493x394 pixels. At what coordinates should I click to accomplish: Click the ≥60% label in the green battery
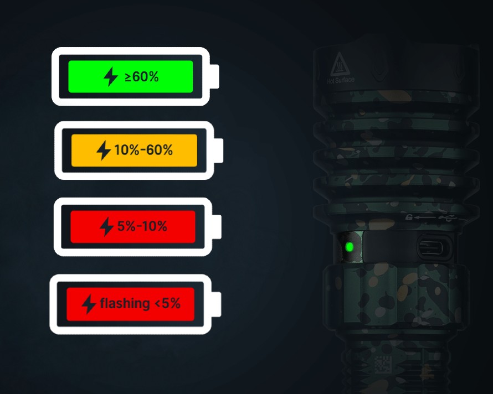click(x=141, y=77)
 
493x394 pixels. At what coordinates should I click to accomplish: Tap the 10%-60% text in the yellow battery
click(x=143, y=150)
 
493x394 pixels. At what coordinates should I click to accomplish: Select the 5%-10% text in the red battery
click(x=142, y=226)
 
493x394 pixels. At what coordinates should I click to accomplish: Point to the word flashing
click(x=125, y=304)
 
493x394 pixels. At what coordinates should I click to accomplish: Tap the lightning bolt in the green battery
click(x=111, y=76)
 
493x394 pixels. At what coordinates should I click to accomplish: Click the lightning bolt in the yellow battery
click(x=104, y=150)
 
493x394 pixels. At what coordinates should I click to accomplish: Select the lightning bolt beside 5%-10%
click(x=106, y=226)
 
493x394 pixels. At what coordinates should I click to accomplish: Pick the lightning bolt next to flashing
click(x=89, y=304)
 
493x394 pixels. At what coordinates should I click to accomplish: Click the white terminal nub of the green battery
click(x=214, y=76)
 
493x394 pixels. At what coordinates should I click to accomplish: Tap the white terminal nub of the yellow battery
click(x=218, y=151)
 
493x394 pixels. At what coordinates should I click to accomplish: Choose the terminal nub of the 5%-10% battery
click(x=217, y=227)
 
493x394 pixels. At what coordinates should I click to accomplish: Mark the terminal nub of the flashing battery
click(x=217, y=304)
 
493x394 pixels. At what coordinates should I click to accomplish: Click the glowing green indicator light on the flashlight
click(x=349, y=247)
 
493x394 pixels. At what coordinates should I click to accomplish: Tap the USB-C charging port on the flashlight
click(x=434, y=247)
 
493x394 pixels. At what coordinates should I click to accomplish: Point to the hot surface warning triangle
click(x=340, y=64)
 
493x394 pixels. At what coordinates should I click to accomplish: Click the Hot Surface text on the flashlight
click(x=341, y=80)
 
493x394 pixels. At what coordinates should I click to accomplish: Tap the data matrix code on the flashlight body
click(x=383, y=365)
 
